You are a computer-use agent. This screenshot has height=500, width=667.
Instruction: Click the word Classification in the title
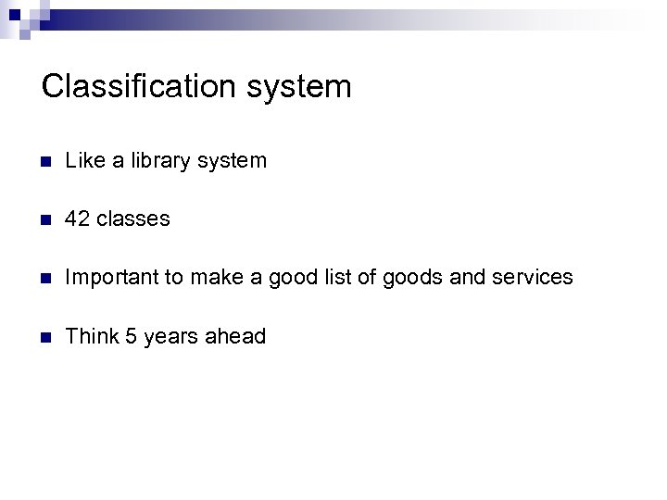coord(136,87)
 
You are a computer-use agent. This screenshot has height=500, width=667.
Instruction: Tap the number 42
coord(78,219)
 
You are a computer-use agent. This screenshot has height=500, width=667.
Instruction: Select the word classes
coord(133,219)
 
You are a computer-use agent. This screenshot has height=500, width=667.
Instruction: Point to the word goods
coord(403,278)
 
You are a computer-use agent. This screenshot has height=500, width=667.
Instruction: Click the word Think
coord(89,336)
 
